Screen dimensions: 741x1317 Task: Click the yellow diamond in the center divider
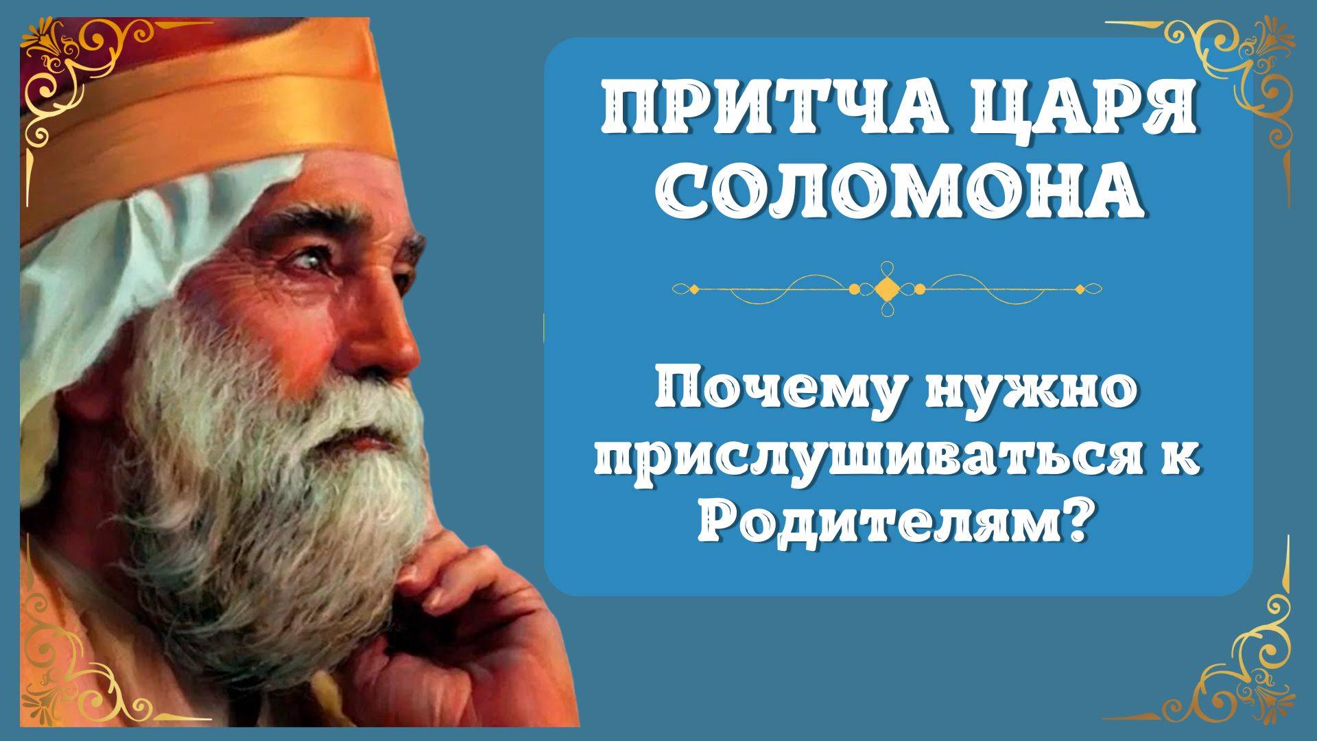pos(887,289)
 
